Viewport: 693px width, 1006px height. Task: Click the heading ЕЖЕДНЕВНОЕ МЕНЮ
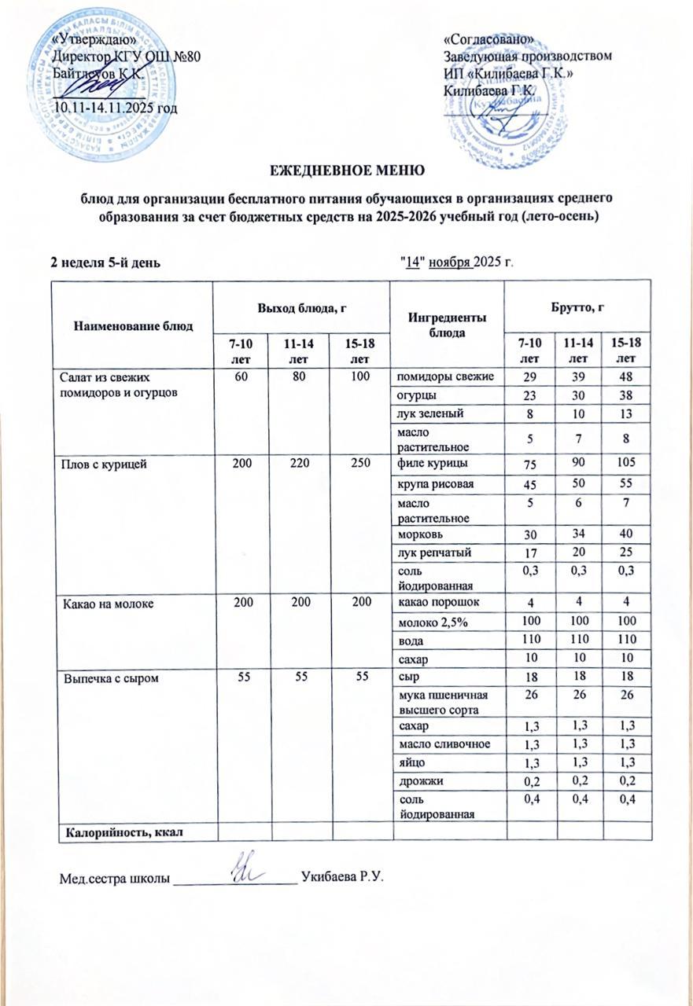348,170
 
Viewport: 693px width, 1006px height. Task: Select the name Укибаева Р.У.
342,876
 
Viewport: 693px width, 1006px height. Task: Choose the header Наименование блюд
133,325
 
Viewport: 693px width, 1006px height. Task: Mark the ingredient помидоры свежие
444,376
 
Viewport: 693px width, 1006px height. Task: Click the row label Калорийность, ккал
119,828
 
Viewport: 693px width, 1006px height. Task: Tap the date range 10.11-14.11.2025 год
115,107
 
